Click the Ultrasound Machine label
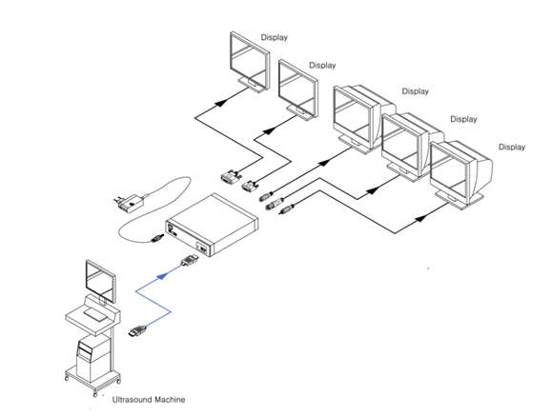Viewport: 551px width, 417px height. pos(149,400)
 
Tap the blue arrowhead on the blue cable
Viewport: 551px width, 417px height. pos(162,276)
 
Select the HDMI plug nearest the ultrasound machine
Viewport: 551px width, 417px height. pos(137,331)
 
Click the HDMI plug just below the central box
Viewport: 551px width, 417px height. pos(190,261)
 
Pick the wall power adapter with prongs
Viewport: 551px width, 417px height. pos(129,203)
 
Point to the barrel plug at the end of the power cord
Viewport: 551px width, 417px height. pos(157,238)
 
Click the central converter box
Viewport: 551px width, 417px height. pos(212,225)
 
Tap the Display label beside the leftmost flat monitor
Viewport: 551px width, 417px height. pos(275,37)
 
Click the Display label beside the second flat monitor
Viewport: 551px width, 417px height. pos(322,66)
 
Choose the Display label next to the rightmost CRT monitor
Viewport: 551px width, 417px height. pos(512,147)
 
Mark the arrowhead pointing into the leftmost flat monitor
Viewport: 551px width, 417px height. pos(221,103)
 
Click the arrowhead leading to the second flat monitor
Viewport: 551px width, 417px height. pos(270,131)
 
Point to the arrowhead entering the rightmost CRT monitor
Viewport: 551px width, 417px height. pos(421,218)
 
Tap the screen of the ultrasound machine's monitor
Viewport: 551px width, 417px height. pos(100,280)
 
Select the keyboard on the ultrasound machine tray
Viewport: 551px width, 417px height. pos(95,314)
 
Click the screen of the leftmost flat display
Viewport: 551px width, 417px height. pos(248,58)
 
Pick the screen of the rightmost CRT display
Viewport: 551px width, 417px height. pos(449,172)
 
